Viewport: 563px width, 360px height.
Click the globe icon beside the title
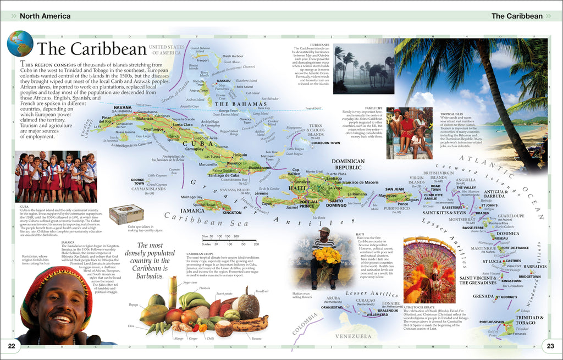point(20,43)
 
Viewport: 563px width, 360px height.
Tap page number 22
point(12,345)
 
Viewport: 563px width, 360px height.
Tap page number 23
point(550,345)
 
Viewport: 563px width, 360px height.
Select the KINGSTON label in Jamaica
point(231,212)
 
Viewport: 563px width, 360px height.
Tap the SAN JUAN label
point(394,190)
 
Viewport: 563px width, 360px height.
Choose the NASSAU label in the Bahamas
point(224,81)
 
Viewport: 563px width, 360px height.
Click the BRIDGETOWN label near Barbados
point(529,276)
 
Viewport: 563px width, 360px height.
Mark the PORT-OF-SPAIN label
point(491,322)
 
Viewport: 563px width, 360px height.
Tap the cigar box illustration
point(126,214)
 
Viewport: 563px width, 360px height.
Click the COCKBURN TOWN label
point(325,143)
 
